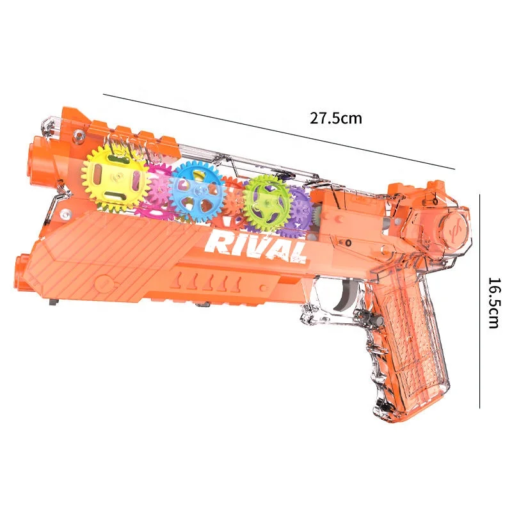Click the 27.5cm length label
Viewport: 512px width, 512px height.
tap(336, 118)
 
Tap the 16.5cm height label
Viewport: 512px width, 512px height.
tap(492, 302)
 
